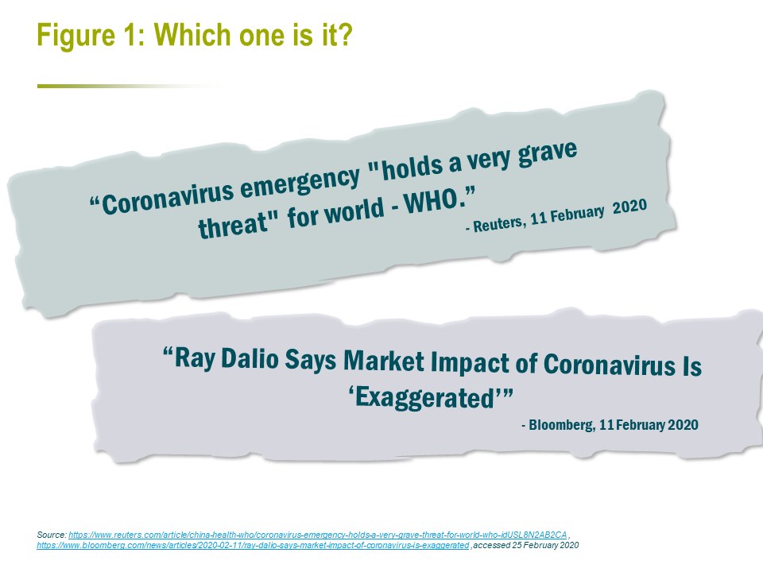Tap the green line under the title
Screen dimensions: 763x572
(x=126, y=86)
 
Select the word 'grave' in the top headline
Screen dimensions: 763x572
(x=548, y=154)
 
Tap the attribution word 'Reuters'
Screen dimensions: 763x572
(x=499, y=223)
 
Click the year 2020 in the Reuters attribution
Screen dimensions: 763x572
(x=629, y=207)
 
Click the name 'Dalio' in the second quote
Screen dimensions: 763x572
(x=250, y=359)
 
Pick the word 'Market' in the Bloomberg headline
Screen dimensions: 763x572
(x=383, y=361)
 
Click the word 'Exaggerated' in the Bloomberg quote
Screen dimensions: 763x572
(x=425, y=397)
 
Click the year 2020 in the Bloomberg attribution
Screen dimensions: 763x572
(x=683, y=424)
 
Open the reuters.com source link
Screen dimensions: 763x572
(x=318, y=535)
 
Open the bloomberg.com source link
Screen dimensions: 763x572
(x=253, y=545)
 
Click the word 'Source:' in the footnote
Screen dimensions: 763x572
(x=52, y=535)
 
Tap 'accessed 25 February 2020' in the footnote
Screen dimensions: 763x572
(x=526, y=545)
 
